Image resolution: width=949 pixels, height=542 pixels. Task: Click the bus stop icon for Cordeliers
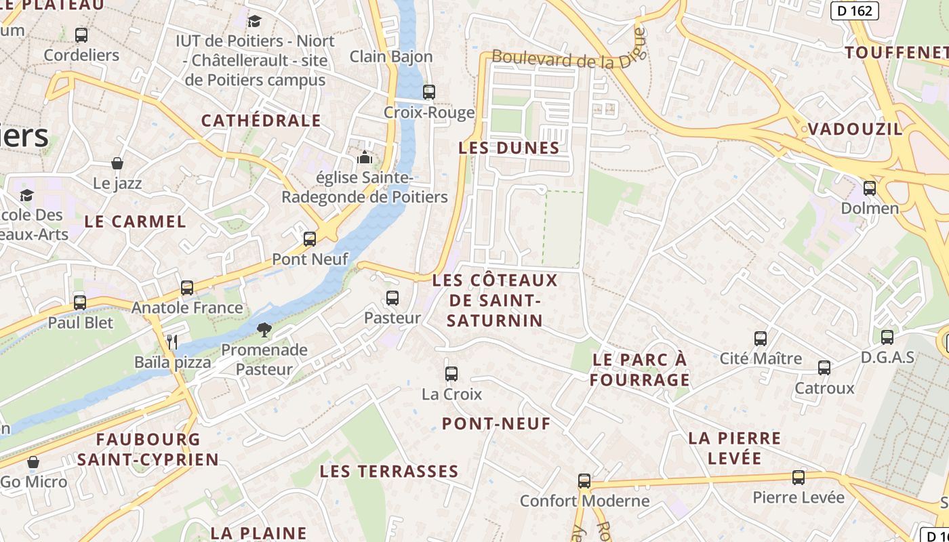81,35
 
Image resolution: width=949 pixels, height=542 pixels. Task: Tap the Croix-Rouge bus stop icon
428,92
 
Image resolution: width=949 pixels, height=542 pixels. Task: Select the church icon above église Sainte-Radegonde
365,158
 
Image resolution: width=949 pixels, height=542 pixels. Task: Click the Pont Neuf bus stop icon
310,239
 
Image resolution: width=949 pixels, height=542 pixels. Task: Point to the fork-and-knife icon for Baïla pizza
172,342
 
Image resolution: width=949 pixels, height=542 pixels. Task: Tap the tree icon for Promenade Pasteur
264,330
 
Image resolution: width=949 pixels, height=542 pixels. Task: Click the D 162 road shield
855,10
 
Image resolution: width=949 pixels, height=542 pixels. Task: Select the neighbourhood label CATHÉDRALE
261,121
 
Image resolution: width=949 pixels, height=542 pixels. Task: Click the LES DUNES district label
509,148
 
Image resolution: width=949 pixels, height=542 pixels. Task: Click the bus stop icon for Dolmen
870,188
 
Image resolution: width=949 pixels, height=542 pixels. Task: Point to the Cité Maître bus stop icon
761,338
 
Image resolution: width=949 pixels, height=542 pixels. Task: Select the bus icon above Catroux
824,368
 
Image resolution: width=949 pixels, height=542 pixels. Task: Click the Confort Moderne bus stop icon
584,481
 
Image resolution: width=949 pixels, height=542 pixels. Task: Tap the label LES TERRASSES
389,471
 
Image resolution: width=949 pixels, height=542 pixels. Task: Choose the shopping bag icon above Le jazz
117,163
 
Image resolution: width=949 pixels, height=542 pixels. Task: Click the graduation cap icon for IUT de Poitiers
254,21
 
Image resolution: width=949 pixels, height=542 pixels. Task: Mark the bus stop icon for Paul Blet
80,302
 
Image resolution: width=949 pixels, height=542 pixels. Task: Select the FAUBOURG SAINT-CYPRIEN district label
148,449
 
